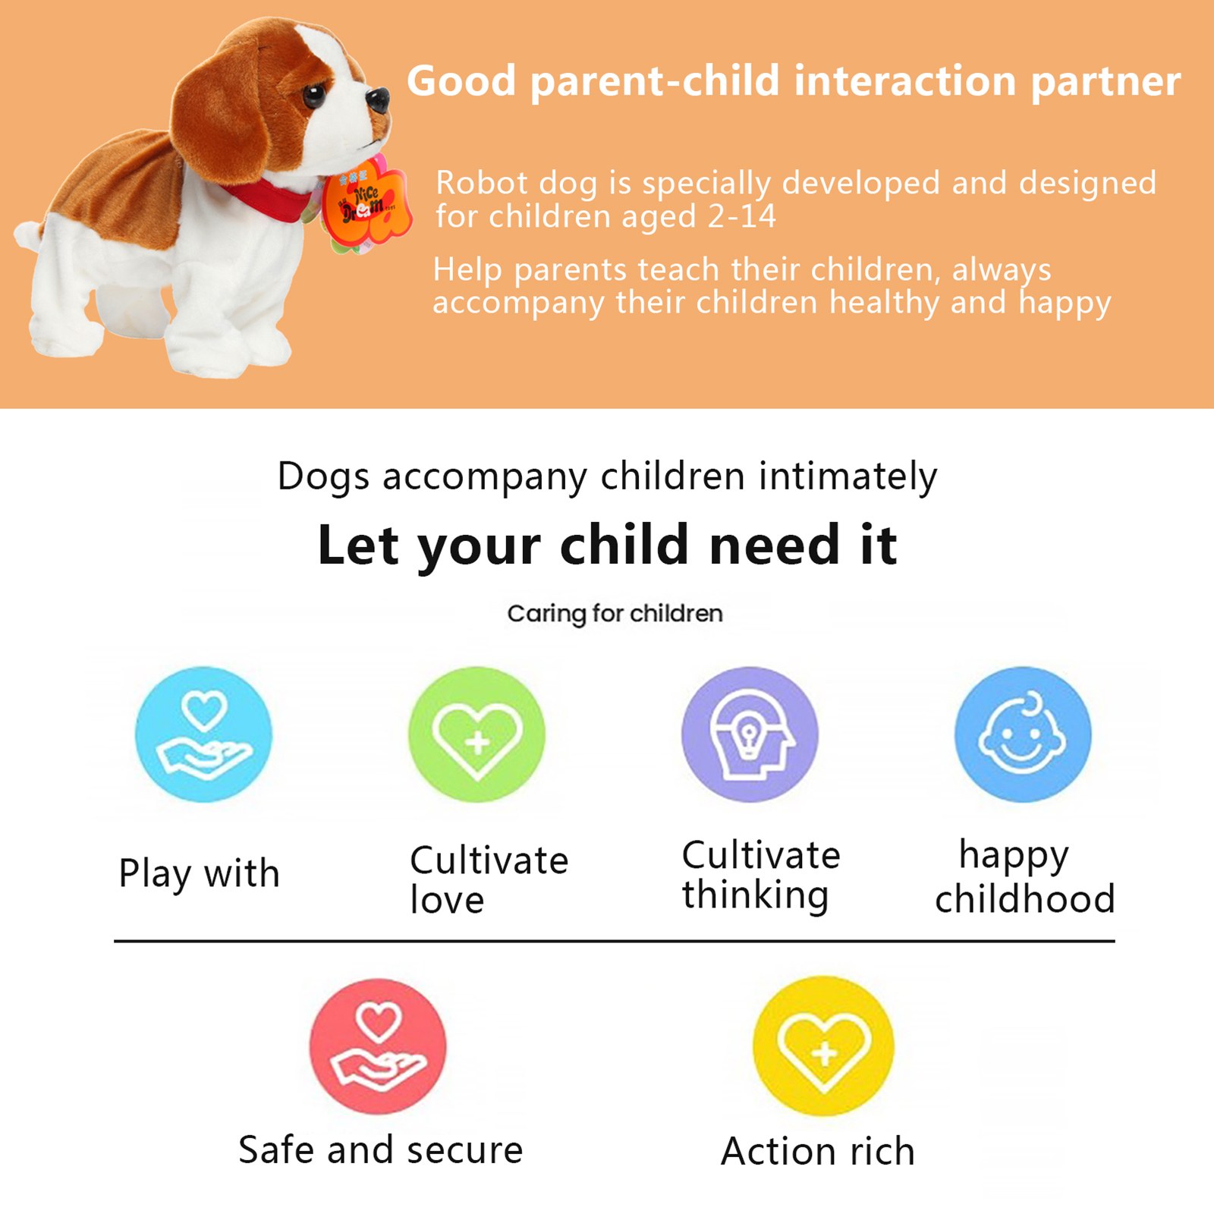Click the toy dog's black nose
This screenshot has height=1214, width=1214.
pos(378,100)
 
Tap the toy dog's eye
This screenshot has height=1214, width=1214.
pos(313,96)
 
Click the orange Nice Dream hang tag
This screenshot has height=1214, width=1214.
pos(366,203)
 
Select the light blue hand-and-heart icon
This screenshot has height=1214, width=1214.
pos(203,734)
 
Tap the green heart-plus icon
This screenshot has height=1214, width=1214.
pos(476,734)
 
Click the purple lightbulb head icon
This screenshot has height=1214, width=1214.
pos(750,734)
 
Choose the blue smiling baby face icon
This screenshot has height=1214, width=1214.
pos(1023,734)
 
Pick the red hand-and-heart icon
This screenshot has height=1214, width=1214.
pos(378,1046)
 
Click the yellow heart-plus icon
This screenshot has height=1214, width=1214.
pos(823,1046)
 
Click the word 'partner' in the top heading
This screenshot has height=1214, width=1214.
pos(1105,82)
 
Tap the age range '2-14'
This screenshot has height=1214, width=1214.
pos(741,216)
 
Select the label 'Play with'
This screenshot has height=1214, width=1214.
pos(200,874)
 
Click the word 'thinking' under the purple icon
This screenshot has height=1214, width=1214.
pos(755,895)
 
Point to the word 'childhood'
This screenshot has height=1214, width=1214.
pos(1025,899)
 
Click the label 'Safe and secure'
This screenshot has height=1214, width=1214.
pos(381,1150)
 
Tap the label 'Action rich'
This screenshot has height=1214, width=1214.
pos(818,1152)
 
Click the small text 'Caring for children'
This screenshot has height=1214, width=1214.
pos(615,614)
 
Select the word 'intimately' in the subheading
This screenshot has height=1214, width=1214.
pos(848,477)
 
